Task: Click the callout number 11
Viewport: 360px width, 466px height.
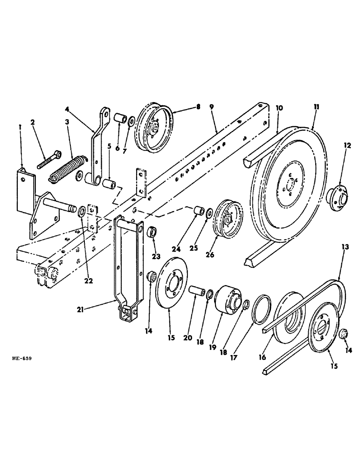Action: (317, 108)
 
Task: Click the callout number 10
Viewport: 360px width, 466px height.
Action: (279, 108)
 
